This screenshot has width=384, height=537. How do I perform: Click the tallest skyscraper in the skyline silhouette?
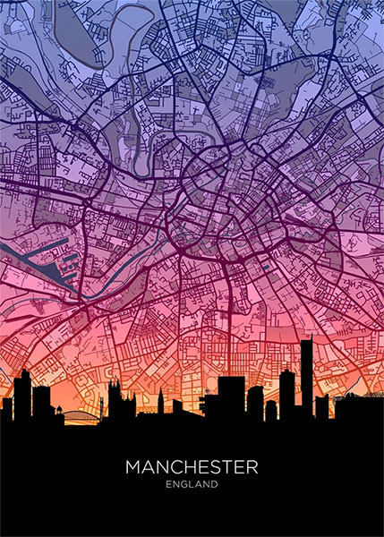coord(306,376)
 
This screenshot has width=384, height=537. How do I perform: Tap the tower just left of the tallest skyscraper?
coord(286,394)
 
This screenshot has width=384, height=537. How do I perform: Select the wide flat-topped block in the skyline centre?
coord(231,398)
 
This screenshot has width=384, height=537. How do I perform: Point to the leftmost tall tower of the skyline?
coord(22,394)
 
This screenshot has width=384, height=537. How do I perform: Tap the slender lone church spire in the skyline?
coord(160,401)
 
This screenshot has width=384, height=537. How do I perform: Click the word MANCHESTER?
coord(192,467)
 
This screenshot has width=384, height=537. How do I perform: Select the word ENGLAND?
coord(192,485)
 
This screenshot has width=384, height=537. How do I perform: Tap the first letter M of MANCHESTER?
coord(132,467)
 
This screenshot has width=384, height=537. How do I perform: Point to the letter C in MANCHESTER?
coord(177,467)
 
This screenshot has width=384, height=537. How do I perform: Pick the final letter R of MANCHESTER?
coord(252,467)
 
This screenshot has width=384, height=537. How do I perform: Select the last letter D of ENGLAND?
coord(215,485)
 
